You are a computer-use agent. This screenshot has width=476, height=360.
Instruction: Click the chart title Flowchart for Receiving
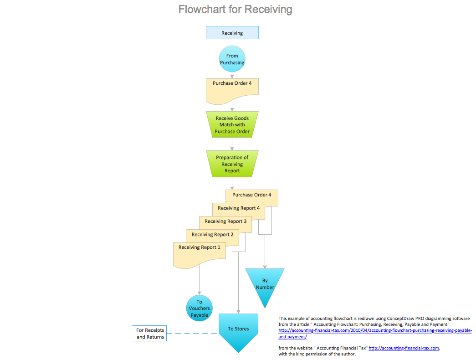235,9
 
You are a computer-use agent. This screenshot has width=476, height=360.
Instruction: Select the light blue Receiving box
232,33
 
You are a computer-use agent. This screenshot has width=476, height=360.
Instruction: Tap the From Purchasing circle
232,59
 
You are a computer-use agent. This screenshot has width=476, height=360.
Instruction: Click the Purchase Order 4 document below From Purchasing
232,89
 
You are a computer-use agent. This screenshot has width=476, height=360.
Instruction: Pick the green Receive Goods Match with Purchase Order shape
232,125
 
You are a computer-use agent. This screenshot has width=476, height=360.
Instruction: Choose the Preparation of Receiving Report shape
232,164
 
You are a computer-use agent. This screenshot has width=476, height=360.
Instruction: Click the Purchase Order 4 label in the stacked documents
251,195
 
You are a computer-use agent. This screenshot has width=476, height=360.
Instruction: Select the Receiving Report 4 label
238,208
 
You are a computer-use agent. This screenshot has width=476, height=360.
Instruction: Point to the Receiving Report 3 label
225,221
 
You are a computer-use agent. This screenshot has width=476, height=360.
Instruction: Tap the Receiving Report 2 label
212,235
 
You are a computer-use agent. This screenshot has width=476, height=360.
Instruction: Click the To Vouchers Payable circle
200,309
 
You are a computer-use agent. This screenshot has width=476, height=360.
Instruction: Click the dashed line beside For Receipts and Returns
191,333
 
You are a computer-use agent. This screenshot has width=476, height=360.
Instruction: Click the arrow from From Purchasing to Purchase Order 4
232,75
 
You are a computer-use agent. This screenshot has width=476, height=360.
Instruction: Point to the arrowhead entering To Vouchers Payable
200,293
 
